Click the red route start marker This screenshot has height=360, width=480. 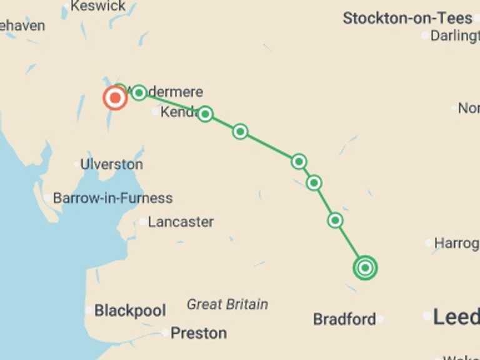pos(115,98)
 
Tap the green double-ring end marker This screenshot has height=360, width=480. pos(366,268)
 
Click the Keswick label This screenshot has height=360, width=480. pos(97,7)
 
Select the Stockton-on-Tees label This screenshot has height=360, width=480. pos(407,19)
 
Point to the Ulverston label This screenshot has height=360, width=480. pos(111,165)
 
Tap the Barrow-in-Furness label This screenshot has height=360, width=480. pos(112,199)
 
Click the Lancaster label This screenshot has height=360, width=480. pos(181,222)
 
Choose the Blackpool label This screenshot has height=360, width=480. pos(130,311)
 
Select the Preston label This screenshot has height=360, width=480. pos(198,333)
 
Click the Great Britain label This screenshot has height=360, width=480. pos(227,305)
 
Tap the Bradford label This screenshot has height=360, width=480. pos(344,319)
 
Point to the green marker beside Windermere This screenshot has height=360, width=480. pos(139,92)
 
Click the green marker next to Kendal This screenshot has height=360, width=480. pos(205,114)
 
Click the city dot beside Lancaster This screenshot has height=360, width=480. pos(143,222)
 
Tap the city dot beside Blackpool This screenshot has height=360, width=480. pos(89,310)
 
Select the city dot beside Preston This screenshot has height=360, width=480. pos(165,333)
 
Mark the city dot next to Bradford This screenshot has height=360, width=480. pos(380,319)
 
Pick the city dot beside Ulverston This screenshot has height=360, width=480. pos(77,165)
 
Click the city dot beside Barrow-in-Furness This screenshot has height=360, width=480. pos(47,199)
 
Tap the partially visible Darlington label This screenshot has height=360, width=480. pos(454,36)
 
